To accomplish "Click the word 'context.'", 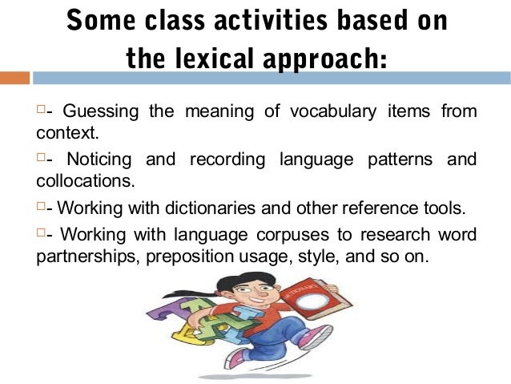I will point(62,131).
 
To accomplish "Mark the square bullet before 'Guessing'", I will point(42,109).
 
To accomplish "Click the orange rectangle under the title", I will point(14,79).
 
